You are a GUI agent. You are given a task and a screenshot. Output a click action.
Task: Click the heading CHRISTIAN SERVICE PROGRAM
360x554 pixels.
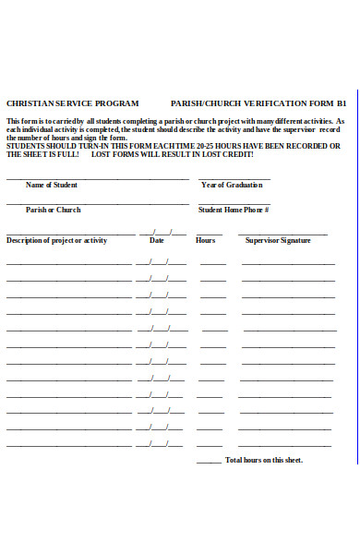point(73,103)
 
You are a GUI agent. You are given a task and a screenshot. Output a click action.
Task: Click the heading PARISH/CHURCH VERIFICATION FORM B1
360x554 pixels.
point(258,103)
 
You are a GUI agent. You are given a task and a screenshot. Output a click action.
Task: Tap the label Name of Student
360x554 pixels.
point(52,185)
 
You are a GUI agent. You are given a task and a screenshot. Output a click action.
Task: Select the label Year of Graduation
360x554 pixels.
point(232,185)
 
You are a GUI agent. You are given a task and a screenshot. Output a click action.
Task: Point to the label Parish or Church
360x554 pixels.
point(53,210)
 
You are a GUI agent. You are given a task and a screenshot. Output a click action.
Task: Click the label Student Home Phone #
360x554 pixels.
point(234,210)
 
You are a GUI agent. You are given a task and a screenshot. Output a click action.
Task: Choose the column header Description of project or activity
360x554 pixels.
point(57,240)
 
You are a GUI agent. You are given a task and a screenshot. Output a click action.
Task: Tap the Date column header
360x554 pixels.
point(157,240)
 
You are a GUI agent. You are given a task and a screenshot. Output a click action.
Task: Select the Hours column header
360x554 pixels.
point(206,240)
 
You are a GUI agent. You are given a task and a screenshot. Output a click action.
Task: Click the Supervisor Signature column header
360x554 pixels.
point(278,240)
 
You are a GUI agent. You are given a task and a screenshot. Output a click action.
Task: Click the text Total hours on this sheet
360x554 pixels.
point(264,460)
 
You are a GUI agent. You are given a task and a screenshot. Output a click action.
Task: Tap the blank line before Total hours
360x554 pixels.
point(209,462)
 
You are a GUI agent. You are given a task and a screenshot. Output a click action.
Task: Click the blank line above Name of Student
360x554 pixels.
point(97,178)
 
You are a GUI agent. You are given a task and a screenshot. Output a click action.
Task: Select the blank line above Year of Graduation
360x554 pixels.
point(234,178)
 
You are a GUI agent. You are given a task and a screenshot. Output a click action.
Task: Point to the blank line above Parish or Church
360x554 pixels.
point(97,203)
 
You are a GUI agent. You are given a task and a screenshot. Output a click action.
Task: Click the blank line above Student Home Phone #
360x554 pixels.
point(234,203)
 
